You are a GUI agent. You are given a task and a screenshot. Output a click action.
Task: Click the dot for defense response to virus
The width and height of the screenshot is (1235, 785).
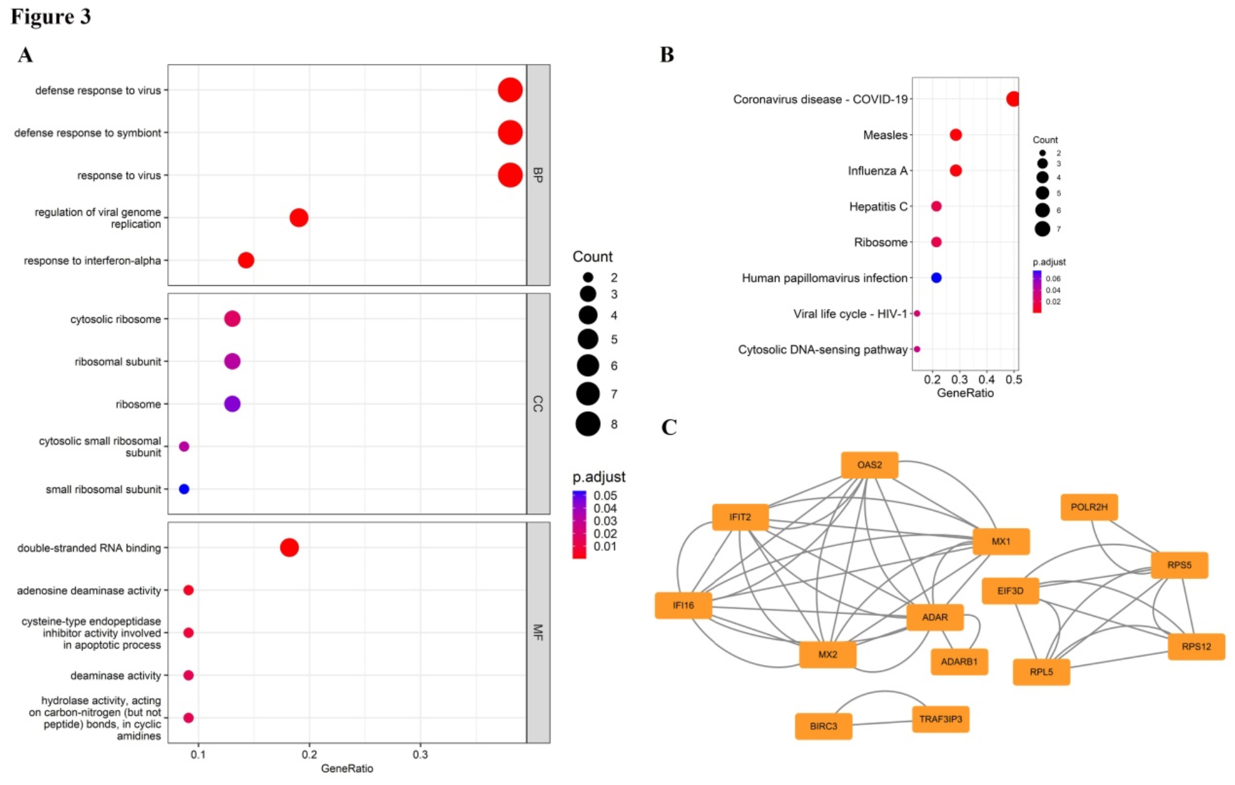pyautogui.click(x=510, y=90)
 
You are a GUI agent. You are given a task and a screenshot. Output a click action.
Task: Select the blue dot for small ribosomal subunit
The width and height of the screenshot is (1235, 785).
pyautogui.click(x=184, y=489)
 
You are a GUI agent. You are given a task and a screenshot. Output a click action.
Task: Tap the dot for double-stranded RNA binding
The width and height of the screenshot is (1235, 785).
pyautogui.click(x=289, y=547)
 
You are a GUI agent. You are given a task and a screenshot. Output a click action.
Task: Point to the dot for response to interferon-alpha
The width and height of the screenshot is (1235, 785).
pyautogui.click(x=246, y=261)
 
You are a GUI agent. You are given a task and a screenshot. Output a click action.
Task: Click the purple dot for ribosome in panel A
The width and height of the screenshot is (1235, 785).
pyautogui.click(x=232, y=404)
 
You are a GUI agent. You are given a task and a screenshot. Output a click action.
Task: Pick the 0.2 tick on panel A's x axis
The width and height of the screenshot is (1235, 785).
pyautogui.click(x=309, y=754)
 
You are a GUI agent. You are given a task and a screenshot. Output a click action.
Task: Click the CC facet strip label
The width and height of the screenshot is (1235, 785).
pyautogui.click(x=538, y=404)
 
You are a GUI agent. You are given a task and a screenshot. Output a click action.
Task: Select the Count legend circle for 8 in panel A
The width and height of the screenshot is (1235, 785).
pyautogui.click(x=588, y=424)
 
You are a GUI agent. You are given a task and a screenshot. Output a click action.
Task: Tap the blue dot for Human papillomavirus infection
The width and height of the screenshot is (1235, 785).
pyautogui.click(x=936, y=278)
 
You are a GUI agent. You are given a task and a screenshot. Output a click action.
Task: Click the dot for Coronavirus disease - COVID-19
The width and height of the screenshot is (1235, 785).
pyautogui.click(x=1013, y=99)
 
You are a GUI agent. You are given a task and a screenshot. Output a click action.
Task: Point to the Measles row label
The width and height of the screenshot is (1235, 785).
pyautogui.click(x=885, y=135)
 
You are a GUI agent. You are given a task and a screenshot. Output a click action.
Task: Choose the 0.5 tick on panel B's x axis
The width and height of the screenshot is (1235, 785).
pyautogui.click(x=1014, y=380)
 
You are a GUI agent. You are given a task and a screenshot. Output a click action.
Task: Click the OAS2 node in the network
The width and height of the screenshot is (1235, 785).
pyautogui.click(x=869, y=465)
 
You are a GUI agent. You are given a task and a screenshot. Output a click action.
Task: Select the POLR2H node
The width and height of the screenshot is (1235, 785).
pyautogui.click(x=1089, y=507)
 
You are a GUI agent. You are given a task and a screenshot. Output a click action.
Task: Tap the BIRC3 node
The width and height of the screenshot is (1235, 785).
pyautogui.click(x=823, y=726)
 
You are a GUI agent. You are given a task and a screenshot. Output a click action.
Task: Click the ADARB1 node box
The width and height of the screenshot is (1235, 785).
pyautogui.click(x=959, y=662)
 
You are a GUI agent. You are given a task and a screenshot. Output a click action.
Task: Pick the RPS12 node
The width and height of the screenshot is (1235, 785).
pyautogui.click(x=1196, y=647)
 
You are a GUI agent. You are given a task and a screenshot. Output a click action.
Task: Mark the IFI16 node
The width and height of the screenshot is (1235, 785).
pyautogui.click(x=683, y=606)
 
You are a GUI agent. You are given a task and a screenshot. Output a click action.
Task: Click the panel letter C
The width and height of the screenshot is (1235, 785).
pyautogui.click(x=669, y=427)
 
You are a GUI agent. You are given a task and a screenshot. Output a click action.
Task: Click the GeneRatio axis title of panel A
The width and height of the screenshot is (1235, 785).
pyautogui.click(x=347, y=768)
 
